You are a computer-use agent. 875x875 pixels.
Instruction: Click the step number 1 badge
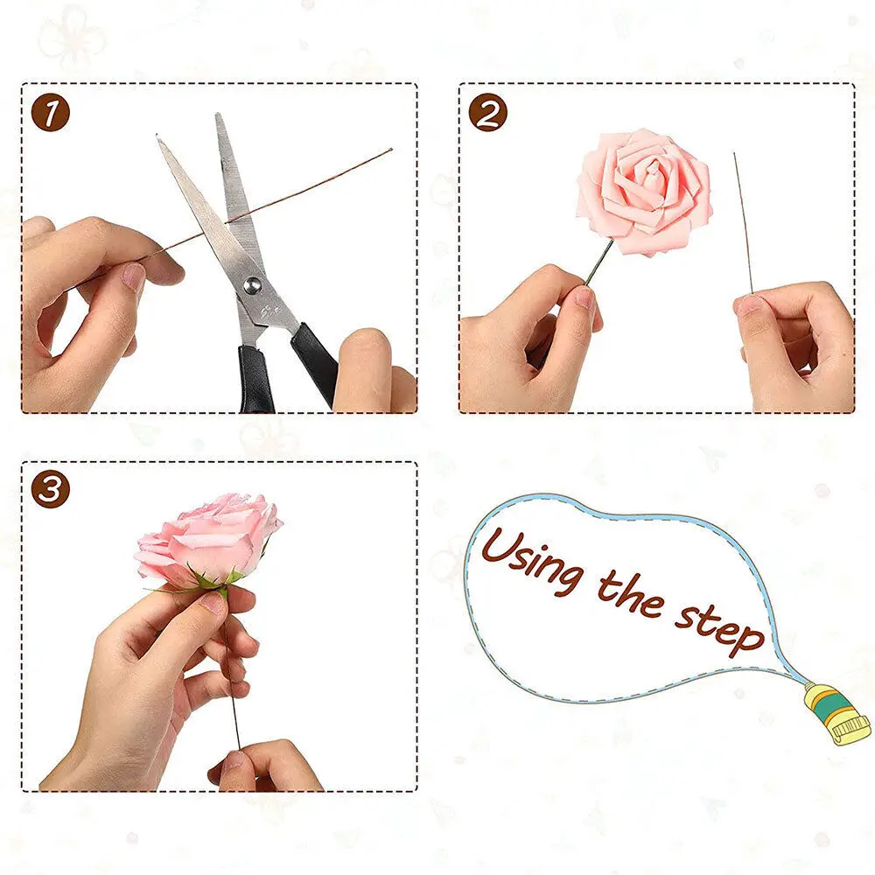50,114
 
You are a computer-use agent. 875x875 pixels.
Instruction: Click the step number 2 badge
487,114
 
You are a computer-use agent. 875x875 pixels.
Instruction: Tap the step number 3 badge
50,491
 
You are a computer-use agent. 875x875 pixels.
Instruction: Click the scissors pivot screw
253,283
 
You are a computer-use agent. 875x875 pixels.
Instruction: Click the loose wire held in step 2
743,219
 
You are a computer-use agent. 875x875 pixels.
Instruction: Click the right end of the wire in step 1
389,150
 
